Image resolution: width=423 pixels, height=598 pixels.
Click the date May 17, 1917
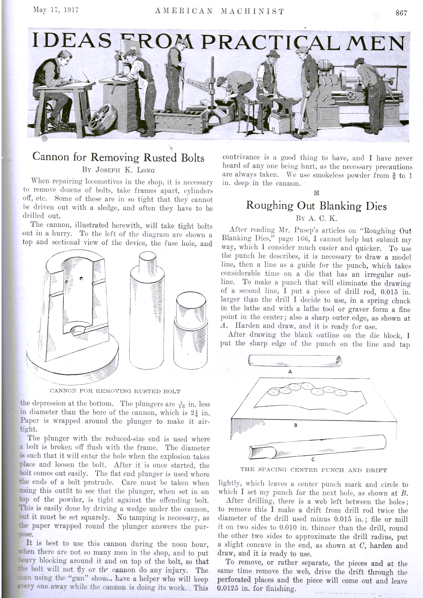56,10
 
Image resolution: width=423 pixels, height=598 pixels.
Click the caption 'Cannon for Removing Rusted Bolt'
115,391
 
